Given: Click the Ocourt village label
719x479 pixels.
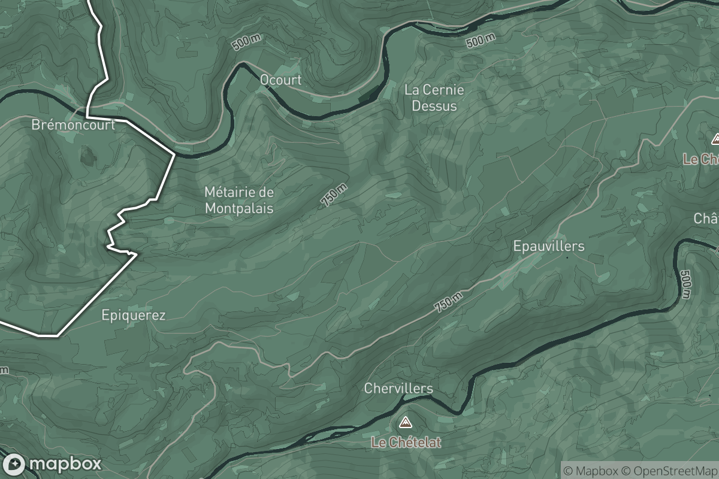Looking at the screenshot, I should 280,80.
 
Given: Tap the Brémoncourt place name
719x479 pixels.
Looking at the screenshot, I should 73,125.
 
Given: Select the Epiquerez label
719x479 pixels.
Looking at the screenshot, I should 133,315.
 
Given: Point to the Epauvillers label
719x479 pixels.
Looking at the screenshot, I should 548,246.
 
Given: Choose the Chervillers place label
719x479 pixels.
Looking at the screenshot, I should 398,389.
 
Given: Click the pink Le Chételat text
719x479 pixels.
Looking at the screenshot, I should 406,442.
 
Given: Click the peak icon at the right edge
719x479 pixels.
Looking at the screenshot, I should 715,140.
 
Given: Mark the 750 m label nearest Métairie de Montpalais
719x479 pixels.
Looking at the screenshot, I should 334,196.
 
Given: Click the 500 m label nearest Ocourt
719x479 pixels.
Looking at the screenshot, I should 246,43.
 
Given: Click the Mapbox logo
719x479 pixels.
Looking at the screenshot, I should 52,464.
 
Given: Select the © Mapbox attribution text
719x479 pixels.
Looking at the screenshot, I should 590,471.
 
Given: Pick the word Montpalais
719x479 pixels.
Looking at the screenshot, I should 239,208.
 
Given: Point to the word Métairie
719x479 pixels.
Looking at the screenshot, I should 231,193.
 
